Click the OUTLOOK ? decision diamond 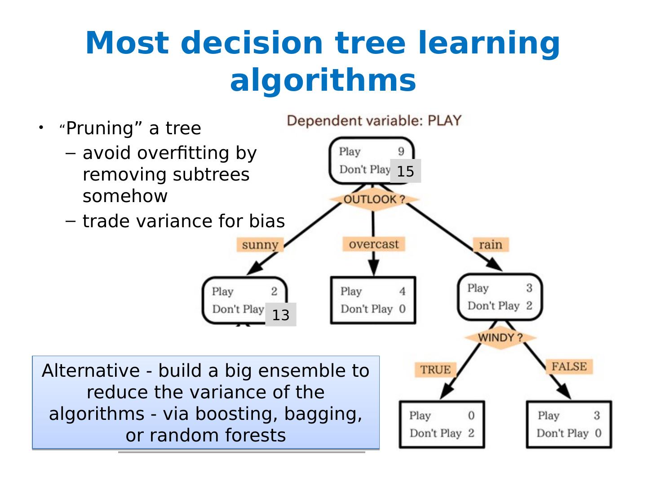(374, 199)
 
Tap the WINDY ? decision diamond (500, 338)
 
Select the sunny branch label (260, 245)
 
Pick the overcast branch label (373, 244)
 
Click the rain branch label (490, 245)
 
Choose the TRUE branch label (435, 370)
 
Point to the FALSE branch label (569, 366)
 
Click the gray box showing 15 (405, 171)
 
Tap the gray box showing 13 (280, 315)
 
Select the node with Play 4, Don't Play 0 (373, 300)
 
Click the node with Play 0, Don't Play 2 (442, 424)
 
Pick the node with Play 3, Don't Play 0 (569, 424)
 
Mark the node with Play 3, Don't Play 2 (500, 297)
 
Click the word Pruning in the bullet (99, 128)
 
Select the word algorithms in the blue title (323, 80)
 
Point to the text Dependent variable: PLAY (374, 121)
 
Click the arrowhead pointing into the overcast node (373, 269)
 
